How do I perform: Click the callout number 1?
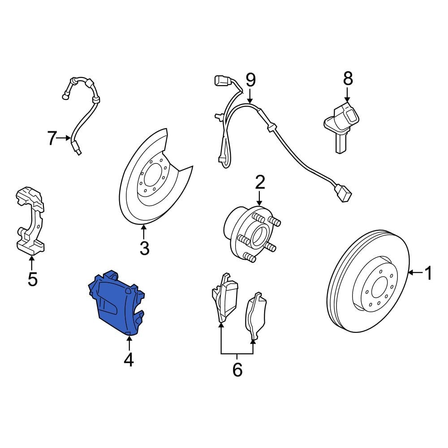click(428, 273)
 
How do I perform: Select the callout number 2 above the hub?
click(260, 183)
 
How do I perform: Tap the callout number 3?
click(144, 248)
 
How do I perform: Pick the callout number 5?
click(33, 279)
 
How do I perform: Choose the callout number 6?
click(237, 370)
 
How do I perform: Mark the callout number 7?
click(52, 138)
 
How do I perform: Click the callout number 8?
click(348, 78)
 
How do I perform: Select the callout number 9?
click(250, 80)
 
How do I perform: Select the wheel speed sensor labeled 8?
click(342, 126)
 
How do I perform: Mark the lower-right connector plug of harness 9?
click(343, 193)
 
